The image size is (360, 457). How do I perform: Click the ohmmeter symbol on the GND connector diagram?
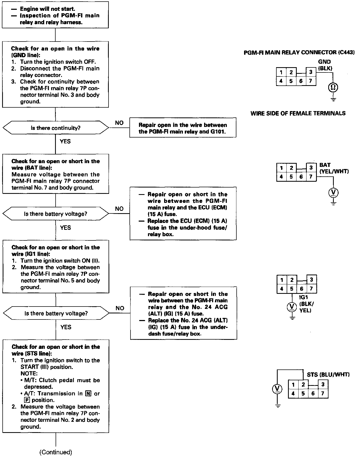[333, 87]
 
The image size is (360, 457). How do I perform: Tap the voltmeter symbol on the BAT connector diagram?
[333, 192]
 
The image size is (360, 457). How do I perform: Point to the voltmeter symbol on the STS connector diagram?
[277, 389]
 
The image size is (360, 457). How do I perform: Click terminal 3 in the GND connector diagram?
[311, 72]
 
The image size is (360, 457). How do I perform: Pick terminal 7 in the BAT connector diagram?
[311, 177]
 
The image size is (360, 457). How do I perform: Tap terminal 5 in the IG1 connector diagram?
[291, 289]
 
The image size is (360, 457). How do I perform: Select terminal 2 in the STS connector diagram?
[303, 385]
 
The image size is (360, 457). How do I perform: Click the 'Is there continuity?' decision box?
[56, 128]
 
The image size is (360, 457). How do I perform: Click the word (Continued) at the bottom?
[56, 452]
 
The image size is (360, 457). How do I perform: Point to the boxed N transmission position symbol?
[88, 394]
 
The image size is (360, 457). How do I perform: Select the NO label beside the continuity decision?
[119, 123]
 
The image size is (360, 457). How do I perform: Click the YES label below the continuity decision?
[65, 141]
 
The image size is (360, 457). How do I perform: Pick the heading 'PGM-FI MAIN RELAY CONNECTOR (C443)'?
[299, 53]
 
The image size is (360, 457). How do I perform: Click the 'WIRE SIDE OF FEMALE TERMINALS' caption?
[298, 113]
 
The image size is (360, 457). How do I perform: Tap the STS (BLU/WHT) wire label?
[328, 374]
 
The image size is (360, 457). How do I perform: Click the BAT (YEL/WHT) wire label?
[334, 168]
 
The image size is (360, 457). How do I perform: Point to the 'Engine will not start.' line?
[48, 9]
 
